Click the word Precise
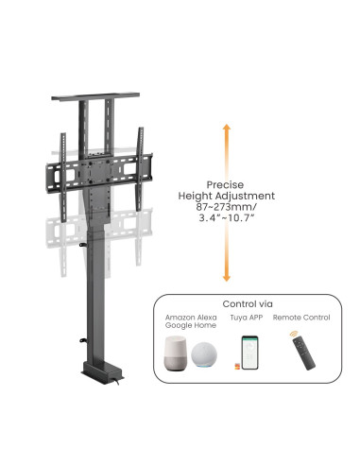[225, 184]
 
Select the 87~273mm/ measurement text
[227, 207]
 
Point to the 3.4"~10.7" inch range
[227, 217]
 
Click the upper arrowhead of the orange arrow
[227, 128]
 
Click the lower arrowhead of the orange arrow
[227, 278]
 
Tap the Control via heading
[248, 304]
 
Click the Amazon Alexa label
[191, 318]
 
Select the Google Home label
[191, 325]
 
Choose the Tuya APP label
[247, 318]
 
